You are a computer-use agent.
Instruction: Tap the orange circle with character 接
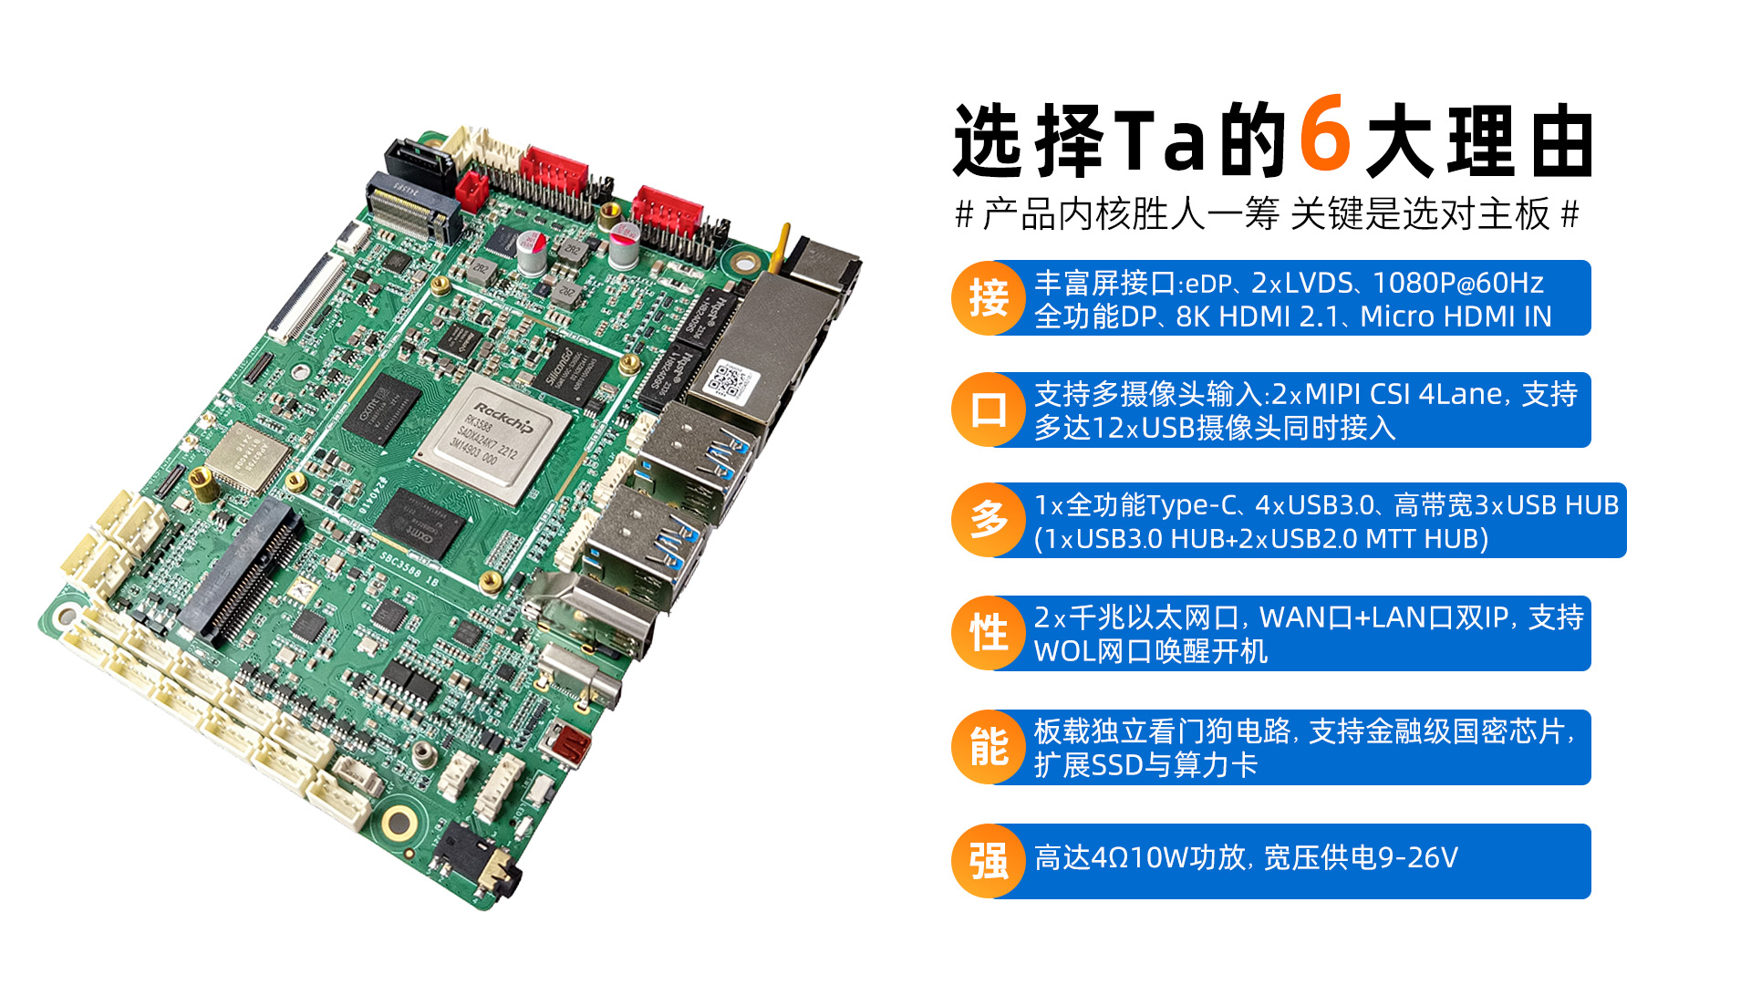pos(989,298)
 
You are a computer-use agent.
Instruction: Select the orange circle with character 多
pos(989,520)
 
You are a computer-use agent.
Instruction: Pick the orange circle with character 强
pos(989,861)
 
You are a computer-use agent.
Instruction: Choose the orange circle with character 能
pos(989,747)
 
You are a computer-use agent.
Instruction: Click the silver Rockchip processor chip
pos(493,437)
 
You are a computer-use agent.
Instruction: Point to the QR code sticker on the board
pos(730,380)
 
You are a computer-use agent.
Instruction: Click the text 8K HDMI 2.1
pos(1261,316)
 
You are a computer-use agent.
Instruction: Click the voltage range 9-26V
pos(1417,858)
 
